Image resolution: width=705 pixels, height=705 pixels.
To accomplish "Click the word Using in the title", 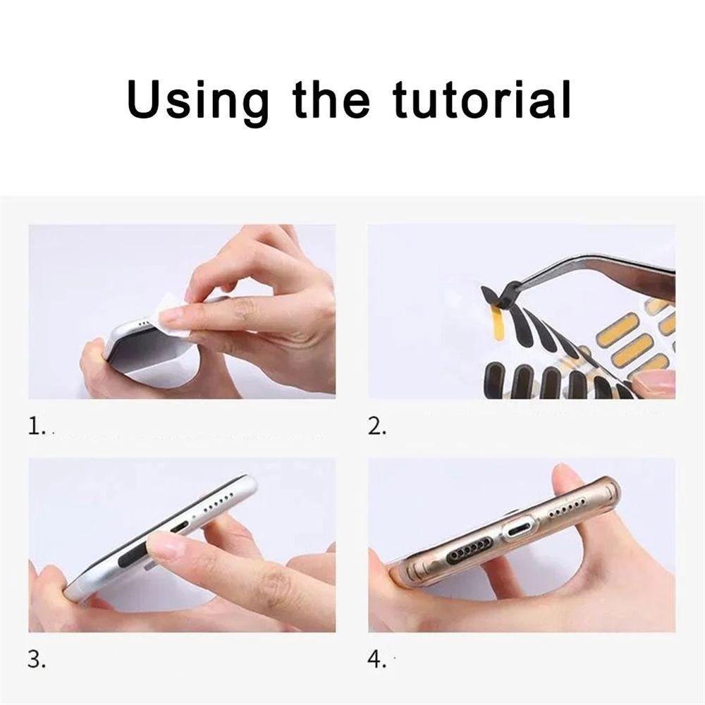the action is (199, 101).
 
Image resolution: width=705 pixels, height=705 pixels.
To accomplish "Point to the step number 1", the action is (37, 427).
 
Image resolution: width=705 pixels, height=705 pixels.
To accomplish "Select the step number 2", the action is (376, 427).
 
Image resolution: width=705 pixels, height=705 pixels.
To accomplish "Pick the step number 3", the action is (37, 660).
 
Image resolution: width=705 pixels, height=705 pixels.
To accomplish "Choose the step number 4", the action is (376, 660).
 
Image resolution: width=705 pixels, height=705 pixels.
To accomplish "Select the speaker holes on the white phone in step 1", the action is (145, 324).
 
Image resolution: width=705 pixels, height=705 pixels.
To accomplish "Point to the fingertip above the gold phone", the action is (568, 477).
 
